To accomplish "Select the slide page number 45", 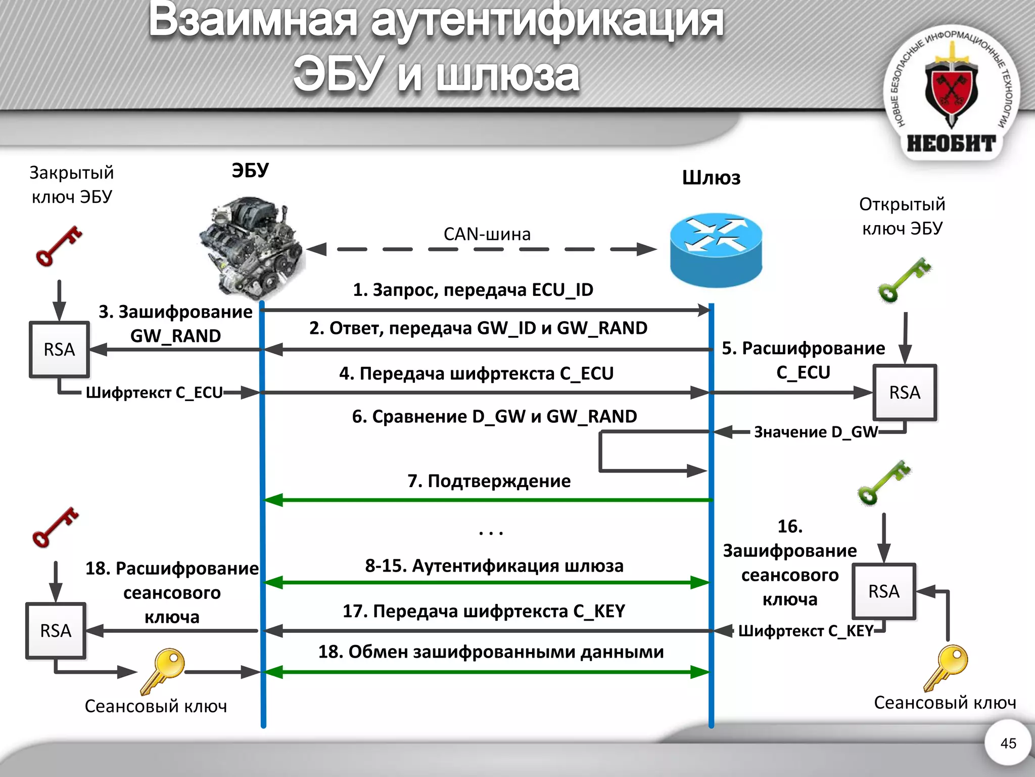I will point(1008,743).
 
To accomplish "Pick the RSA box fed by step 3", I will point(59,350).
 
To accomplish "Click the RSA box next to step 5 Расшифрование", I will point(905,393).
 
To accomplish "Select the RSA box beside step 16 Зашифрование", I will point(883,591).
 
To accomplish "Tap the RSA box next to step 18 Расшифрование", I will point(56,631).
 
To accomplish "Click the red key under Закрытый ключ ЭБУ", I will point(59,246).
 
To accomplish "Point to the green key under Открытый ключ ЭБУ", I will point(904,280).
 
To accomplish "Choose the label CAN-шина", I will point(487,234).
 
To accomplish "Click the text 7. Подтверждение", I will point(489,481).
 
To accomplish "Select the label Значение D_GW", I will point(815,432).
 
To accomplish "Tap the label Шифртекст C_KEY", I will point(806,631).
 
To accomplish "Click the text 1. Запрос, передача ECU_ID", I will point(473,290).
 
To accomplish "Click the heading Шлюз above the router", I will point(711,178).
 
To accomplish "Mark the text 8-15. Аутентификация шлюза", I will point(494,566).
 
